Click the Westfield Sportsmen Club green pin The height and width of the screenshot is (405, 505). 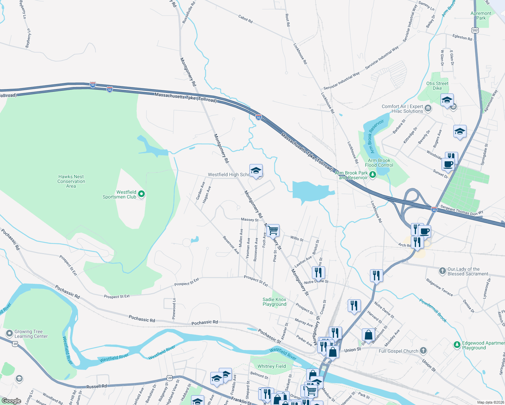tap(142, 194)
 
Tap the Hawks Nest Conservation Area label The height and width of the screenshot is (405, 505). tap(71, 181)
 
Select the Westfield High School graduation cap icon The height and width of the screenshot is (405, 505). tap(256, 170)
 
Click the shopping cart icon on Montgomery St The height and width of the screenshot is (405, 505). tap(273, 231)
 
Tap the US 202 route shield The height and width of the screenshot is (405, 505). tap(475, 30)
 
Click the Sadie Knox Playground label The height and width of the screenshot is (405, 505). tap(274, 302)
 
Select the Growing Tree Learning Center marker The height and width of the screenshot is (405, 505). tap(9, 333)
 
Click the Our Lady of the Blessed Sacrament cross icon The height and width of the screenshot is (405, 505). tap(442, 271)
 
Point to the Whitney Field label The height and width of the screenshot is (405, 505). tap(271, 366)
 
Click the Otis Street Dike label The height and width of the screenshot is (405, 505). tap(437, 86)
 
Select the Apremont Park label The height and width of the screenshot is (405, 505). tap(481, 16)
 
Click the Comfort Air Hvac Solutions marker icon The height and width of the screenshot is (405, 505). tap(428, 108)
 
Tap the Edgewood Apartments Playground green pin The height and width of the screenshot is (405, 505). tap(457, 345)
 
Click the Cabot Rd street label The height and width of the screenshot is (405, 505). tap(245, 19)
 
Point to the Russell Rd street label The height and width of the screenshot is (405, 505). tap(97, 386)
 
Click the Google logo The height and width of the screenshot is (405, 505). tap(11, 401)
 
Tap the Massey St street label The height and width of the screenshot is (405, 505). tap(249, 220)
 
